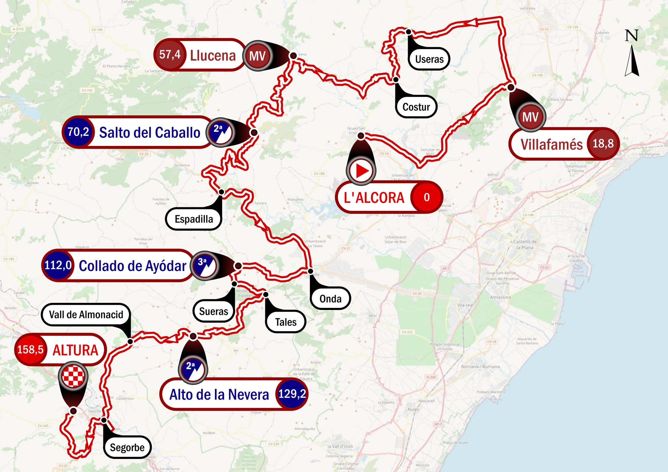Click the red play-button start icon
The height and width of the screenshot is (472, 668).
[x=361, y=170]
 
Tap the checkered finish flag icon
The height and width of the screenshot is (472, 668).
[x=73, y=376]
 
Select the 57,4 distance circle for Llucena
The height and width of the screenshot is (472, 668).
[x=170, y=55]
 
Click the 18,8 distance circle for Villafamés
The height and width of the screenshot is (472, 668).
[x=603, y=144]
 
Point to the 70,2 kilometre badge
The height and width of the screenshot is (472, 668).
[x=78, y=132]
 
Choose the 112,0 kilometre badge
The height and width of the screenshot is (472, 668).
[x=58, y=265]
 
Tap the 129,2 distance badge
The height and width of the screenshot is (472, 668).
[x=292, y=394]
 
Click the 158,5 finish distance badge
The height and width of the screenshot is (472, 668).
[x=30, y=349]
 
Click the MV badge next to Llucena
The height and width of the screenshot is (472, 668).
[x=258, y=56]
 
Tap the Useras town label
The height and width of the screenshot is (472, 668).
[x=429, y=59]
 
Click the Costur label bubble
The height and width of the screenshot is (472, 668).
[x=416, y=107]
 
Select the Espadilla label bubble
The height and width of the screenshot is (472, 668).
[x=194, y=219]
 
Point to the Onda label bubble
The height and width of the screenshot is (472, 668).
[x=330, y=299]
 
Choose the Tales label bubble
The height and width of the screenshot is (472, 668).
[x=286, y=322]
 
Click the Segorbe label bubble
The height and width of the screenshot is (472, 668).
[x=127, y=447]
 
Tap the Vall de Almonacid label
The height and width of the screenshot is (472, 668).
[x=86, y=315]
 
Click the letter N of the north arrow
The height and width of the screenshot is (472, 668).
[x=631, y=36]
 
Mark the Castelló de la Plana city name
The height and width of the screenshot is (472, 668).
[x=524, y=244]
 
